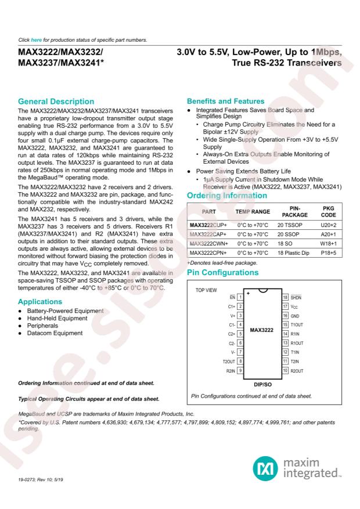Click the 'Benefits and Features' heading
pyautogui.click(x=224, y=102)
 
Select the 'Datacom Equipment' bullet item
pyautogui.click(x=51, y=334)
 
